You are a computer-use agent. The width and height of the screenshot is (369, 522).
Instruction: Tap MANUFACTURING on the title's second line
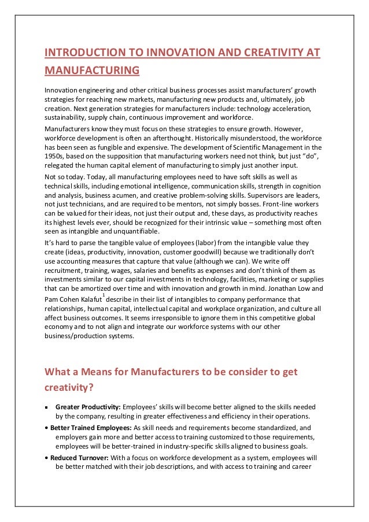tap(92, 71)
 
